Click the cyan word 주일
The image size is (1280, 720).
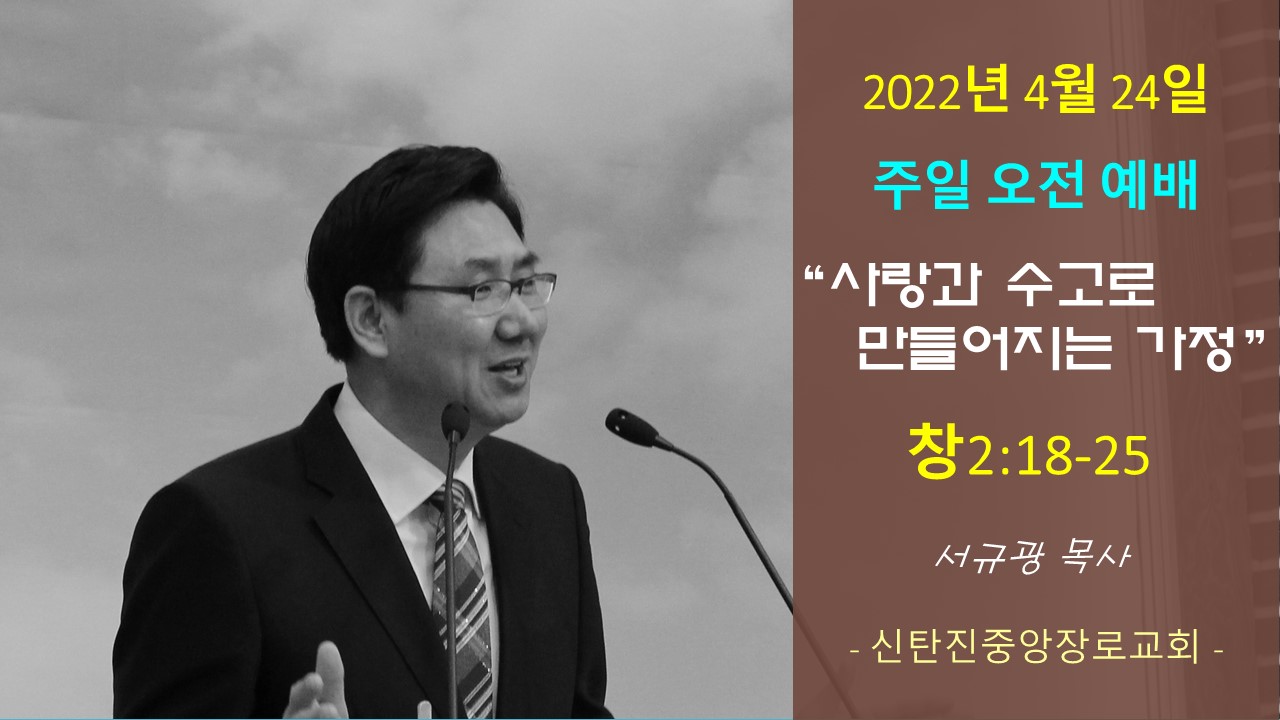pos(921,185)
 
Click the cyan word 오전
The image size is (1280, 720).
pos(1035,185)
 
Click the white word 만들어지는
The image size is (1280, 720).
pos(985,349)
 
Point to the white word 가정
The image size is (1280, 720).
pos(1189,349)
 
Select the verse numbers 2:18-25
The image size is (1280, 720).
pos(1056,456)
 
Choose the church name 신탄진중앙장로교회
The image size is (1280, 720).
pos(1035,649)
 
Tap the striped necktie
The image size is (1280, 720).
pos(462,600)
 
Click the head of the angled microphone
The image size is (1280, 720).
pos(630,427)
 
